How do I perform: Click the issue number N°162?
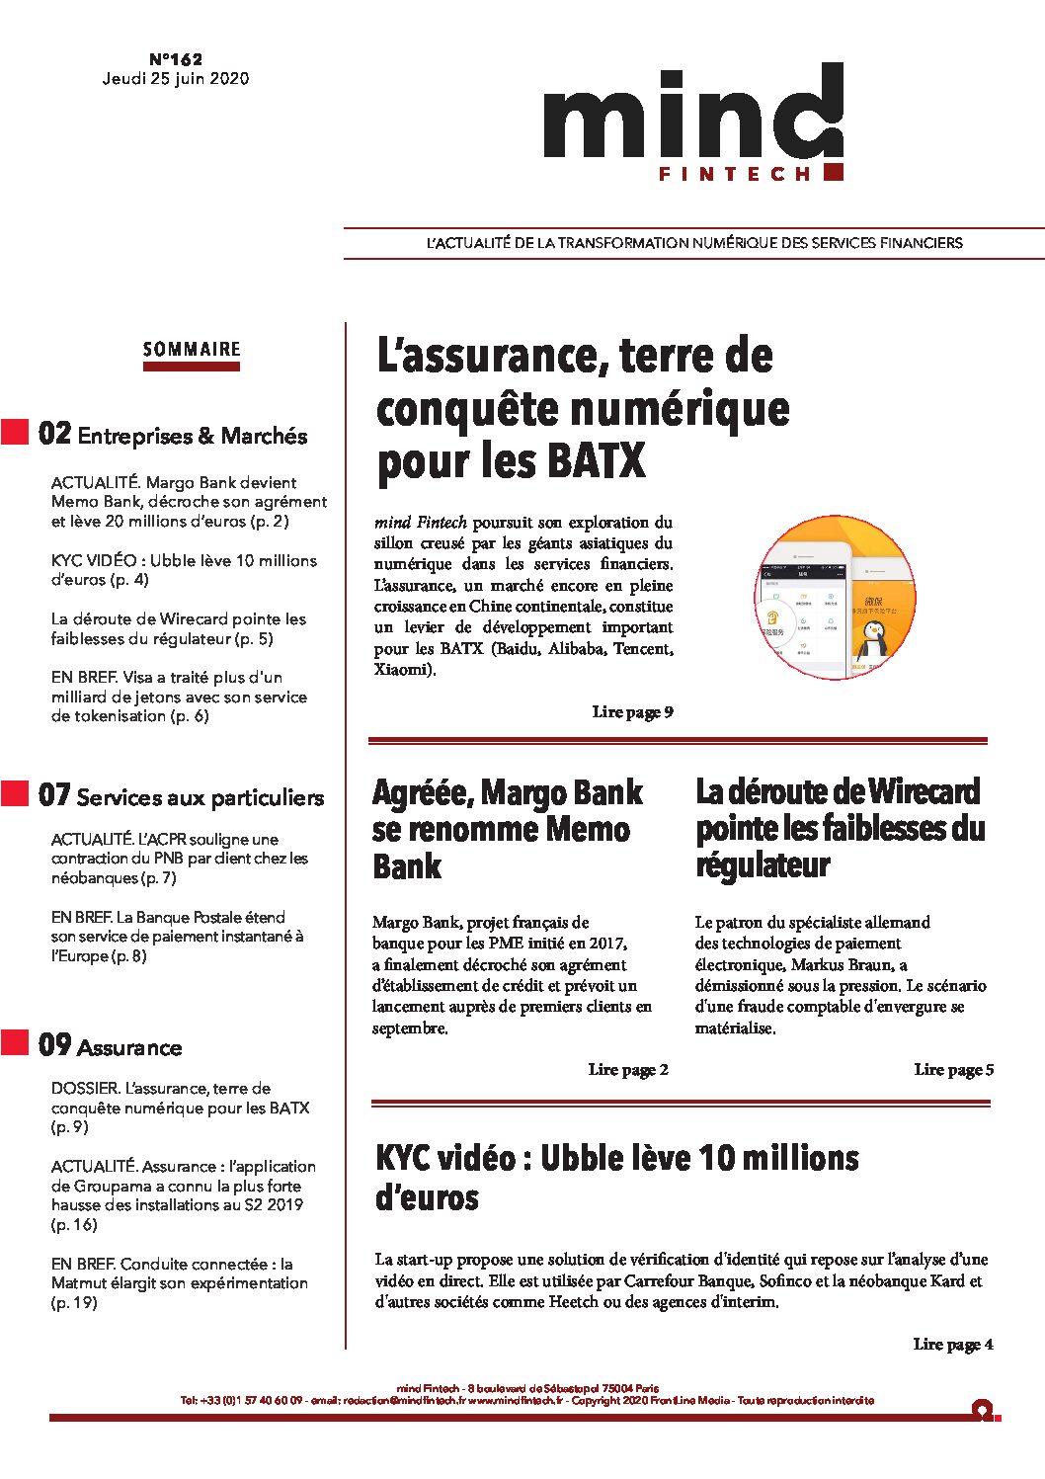pos(176,59)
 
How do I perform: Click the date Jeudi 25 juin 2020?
pos(176,79)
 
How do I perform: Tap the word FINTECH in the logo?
pos(734,174)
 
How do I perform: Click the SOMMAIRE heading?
pos(192,350)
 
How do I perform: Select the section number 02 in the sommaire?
pos(54,434)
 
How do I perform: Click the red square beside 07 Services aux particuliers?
pos(15,793)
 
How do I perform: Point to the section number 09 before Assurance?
pos(54,1045)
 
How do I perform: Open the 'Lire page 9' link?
pos(632,712)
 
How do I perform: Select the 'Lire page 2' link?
pos(628,1070)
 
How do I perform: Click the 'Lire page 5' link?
pos(953,1070)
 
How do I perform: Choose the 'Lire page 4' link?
pos(952,1345)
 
